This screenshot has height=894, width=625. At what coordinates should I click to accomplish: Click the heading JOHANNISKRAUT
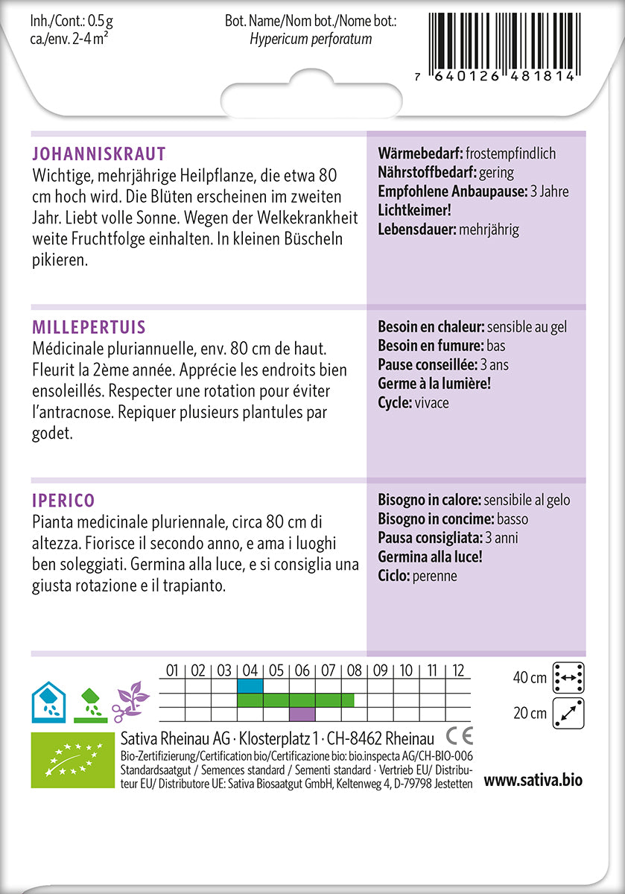click(99, 154)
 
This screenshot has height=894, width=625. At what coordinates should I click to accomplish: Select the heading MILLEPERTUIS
click(89, 328)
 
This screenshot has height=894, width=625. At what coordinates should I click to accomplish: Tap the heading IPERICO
click(64, 501)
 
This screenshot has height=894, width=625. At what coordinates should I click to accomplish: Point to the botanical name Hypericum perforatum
click(311, 39)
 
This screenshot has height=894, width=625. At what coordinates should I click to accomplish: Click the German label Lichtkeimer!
click(415, 210)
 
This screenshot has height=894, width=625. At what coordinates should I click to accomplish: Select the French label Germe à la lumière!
click(434, 384)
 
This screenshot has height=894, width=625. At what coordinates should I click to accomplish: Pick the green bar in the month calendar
click(296, 700)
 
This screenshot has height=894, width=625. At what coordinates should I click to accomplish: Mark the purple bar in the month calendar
click(302, 714)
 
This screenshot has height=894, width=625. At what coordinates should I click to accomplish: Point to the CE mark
click(459, 736)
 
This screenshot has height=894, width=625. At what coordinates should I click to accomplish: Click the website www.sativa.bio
click(533, 781)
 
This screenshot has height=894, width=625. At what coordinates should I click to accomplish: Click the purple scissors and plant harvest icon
click(130, 701)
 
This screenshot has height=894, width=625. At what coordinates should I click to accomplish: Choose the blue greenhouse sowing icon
click(48, 701)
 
